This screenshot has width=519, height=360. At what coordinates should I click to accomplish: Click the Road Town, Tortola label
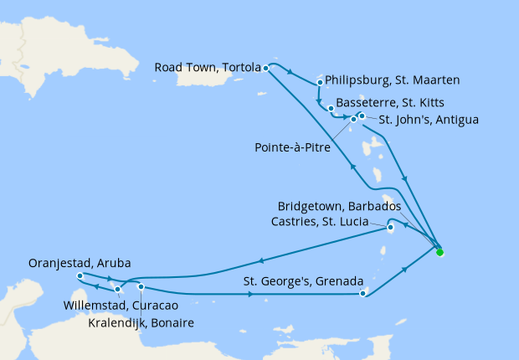point(208,68)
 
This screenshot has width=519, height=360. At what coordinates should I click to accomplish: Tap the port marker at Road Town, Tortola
point(265,68)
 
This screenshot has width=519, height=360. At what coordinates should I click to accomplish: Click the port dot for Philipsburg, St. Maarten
point(321,83)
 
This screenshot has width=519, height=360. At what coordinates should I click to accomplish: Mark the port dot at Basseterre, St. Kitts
point(331,109)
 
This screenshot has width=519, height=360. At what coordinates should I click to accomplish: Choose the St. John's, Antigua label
point(428,120)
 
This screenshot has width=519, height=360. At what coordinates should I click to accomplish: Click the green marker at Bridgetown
point(440,251)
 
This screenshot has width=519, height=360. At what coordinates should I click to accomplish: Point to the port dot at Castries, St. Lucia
point(390,227)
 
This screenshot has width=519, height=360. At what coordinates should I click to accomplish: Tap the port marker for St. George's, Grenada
point(362,293)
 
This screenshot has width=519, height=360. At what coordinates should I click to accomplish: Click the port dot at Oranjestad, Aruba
point(79,276)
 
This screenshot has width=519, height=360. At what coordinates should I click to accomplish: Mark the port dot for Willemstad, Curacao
point(118,290)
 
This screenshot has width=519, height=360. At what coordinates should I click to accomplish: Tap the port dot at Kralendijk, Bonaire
point(141,287)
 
